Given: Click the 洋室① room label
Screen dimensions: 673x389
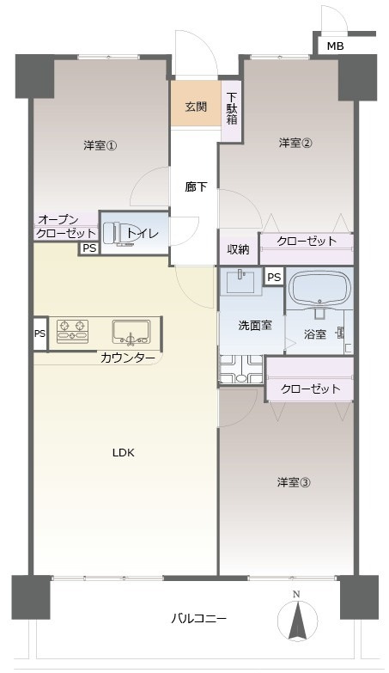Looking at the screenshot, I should (x=100, y=145).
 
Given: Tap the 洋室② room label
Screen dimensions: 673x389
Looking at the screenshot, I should (x=294, y=143).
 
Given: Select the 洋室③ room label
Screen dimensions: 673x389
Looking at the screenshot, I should (x=293, y=482).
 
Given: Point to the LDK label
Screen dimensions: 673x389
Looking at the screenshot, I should (x=123, y=453).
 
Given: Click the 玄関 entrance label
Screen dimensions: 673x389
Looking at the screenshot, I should (x=196, y=107).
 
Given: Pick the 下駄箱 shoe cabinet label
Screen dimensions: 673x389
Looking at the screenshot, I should (x=232, y=107).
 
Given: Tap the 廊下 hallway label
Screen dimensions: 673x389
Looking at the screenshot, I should (x=196, y=187).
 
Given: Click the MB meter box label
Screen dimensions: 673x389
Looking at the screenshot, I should (x=334, y=45).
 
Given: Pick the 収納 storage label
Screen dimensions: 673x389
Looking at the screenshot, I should (x=238, y=249).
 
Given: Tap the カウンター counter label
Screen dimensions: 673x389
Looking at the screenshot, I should (x=128, y=358).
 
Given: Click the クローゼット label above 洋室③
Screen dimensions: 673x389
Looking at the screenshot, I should (x=310, y=389).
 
